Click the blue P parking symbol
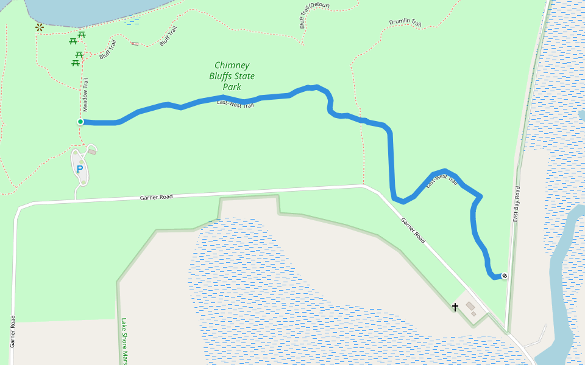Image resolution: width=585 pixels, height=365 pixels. [79, 169]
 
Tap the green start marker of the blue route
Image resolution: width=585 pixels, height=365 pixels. [80, 122]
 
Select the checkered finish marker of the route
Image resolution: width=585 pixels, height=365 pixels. [504, 276]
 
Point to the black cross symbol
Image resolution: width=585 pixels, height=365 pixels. [455, 307]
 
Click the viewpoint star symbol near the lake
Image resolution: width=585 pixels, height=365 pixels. [40, 27]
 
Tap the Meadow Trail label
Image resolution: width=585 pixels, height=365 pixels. [86, 94]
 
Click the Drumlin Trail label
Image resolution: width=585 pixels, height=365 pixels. [405, 24]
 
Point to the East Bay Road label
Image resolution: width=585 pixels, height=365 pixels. [516, 203]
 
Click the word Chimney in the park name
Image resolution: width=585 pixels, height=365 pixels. [232, 65]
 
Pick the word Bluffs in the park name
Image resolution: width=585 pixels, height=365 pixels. [220, 76]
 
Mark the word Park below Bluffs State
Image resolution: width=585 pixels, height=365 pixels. [232, 87]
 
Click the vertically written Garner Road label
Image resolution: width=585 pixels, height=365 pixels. [13, 331]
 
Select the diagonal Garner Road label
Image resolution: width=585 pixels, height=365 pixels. [413, 230]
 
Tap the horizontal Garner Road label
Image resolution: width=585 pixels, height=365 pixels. [156, 197]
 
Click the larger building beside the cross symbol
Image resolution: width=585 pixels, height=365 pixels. [470, 305]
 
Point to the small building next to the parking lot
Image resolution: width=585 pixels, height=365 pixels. [92, 151]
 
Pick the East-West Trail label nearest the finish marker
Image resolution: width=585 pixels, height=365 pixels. [442, 181]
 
